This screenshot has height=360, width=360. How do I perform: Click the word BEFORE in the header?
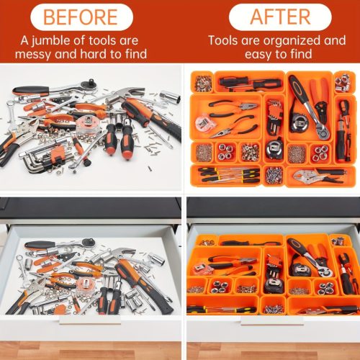click(81, 17)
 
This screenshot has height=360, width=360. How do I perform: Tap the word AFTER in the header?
click(280, 17)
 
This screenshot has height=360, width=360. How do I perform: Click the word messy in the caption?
click(33, 54)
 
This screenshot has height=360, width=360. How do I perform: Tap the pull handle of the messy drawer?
click(90, 320)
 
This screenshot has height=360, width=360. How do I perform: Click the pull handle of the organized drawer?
click(272, 320)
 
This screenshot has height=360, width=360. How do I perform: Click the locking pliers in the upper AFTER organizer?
click(319, 176)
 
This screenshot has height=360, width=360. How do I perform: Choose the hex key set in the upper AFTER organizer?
click(274, 117)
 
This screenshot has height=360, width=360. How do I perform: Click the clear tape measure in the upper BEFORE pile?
click(86, 123)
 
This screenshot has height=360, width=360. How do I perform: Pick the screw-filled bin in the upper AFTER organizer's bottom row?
click(274, 174)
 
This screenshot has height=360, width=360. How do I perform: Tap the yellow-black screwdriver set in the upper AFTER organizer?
click(229, 175)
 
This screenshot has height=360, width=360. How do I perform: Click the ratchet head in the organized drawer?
click(325, 271)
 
